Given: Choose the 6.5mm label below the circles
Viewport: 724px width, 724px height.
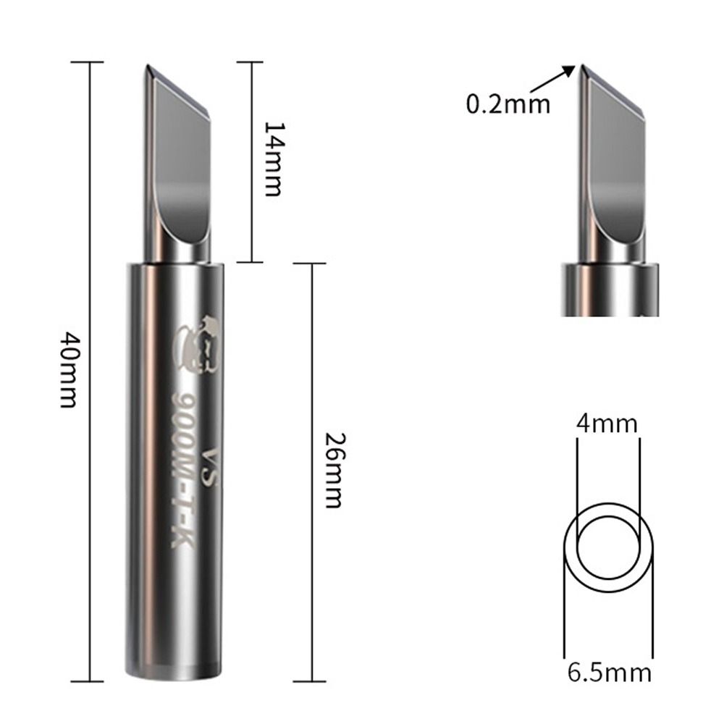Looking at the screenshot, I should (x=609, y=673).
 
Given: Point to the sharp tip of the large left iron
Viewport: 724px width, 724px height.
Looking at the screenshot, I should (x=146, y=67).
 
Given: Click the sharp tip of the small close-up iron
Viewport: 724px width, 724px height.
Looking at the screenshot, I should (x=581, y=67).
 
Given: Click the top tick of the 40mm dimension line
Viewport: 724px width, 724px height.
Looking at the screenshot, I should (x=90, y=62).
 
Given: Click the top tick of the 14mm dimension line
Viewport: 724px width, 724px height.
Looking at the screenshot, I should (x=251, y=62).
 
